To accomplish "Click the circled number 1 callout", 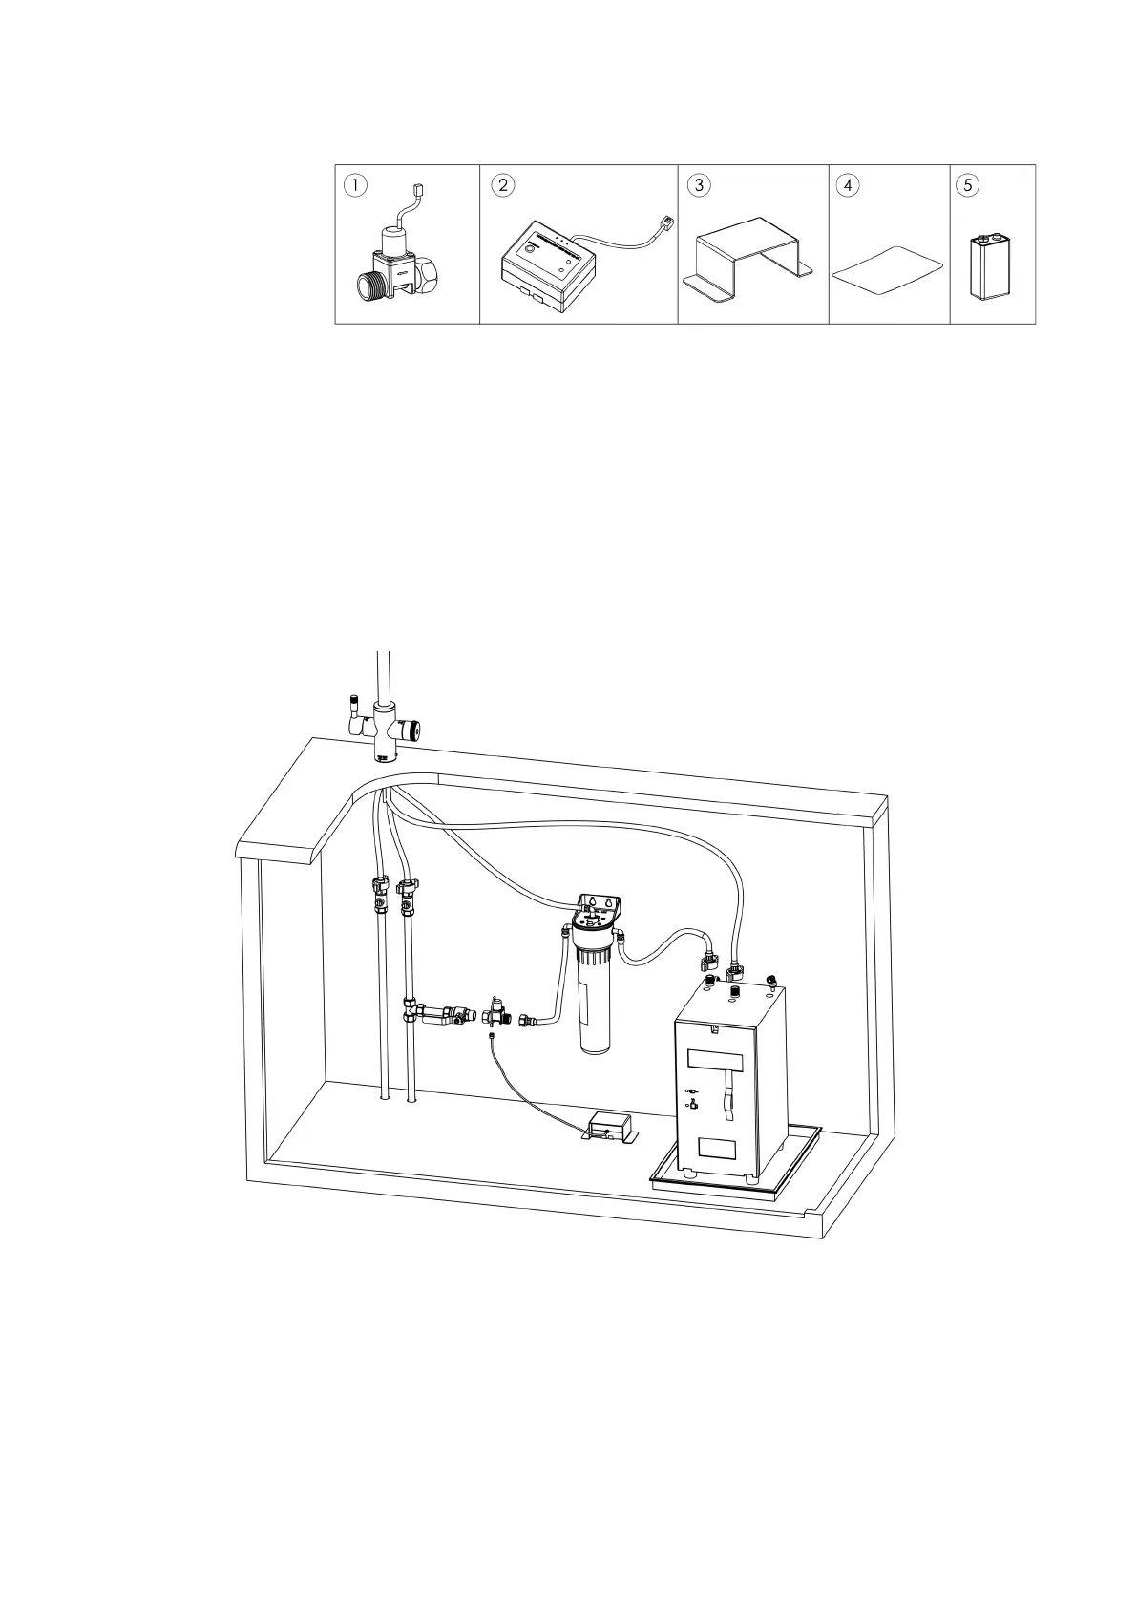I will point(355,185).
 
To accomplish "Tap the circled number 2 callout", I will point(503,185).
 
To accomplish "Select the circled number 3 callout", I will point(700,185).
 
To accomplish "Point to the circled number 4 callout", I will point(848,185).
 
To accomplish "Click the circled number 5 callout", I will point(968,185).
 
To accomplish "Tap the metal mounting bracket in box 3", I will point(750,257).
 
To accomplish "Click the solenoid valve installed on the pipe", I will point(495,1011).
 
